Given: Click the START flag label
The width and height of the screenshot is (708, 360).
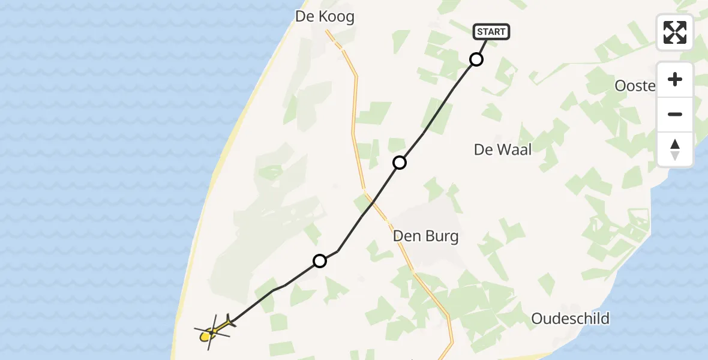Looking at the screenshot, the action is (492, 32).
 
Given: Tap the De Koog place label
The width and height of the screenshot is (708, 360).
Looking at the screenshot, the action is (325, 17).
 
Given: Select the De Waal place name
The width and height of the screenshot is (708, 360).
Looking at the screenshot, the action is (503, 149).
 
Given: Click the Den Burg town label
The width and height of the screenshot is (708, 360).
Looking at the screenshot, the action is (425, 236).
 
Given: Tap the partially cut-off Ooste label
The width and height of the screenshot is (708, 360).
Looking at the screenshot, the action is (635, 86).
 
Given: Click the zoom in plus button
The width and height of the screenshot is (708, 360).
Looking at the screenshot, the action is (675, 79).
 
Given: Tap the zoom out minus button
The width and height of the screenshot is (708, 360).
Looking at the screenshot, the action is (675, 114).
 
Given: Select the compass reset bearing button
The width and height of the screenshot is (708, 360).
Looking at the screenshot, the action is (675, 149).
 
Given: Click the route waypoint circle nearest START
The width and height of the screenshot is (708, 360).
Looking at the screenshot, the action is (476, 59).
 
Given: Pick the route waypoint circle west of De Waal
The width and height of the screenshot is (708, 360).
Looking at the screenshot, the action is (400, 162).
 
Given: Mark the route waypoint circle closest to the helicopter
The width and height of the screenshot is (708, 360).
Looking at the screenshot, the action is (320, 261).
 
